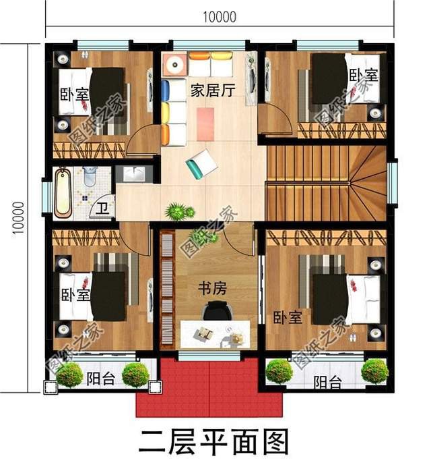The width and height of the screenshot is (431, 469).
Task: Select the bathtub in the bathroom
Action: click(x=63, y=192)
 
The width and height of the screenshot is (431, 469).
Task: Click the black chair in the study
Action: click(x=215, y=311)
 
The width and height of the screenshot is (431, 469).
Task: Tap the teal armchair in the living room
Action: click(x=201, y=163)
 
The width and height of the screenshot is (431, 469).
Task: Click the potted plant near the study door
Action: click(x=178, y=212)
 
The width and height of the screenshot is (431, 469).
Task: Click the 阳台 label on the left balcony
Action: click(x=102, y=379)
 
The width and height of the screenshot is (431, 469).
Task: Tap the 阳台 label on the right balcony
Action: click(x=327, y=382)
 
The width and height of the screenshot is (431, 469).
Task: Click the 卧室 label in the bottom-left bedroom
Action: click(x=73, y=295)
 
